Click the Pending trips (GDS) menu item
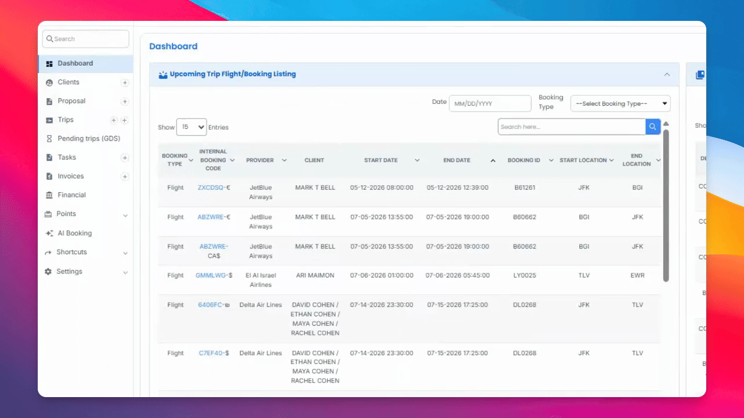click(89, 139)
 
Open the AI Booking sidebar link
click(74, 233)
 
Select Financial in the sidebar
click(71, 195)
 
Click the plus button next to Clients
click(125, 83)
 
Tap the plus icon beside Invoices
click(125, 176)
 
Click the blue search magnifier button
click(653, 127)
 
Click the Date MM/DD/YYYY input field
click(490, 104)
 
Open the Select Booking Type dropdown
click(620, 104)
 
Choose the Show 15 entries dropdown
click(192, 127)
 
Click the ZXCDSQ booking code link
click(211, 188)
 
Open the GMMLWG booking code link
click(211, 275)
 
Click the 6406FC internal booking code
click(210, 305)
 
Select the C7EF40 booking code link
click(211, 353)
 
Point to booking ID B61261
click(525, 188)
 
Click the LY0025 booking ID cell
click(525, 275)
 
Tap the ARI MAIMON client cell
click(315, 275)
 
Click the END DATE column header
click(457, 160)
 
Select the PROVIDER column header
click(260, 160)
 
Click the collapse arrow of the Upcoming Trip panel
click(667, 74)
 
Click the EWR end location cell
click(637, 275)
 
